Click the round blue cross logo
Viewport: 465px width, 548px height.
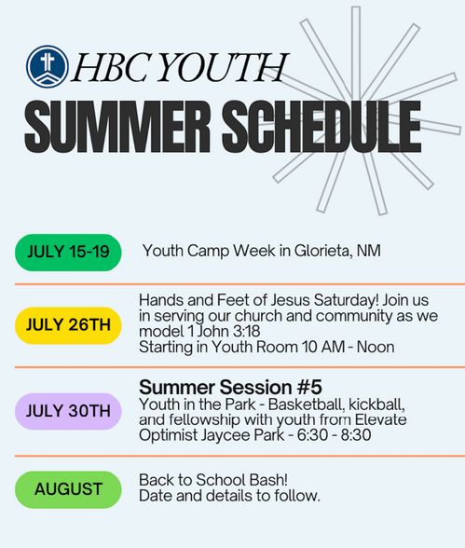(48, 66)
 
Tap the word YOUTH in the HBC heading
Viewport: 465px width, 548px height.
(224, 67)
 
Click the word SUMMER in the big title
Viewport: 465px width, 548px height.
(117, 127)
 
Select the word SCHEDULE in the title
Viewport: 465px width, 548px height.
(321, 127)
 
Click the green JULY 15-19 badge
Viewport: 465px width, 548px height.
(68, 253)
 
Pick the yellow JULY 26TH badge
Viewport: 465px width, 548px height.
(68, 325)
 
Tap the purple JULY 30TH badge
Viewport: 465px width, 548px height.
(68, 411)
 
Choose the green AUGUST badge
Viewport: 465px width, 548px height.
(68, 489)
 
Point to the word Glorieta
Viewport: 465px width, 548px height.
(323, 251)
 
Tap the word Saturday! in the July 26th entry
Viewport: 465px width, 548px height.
(347, 300)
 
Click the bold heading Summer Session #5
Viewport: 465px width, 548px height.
(230, 387)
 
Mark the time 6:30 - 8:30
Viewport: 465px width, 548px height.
(334, 435)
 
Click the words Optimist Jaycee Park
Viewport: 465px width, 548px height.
(212, 435)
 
